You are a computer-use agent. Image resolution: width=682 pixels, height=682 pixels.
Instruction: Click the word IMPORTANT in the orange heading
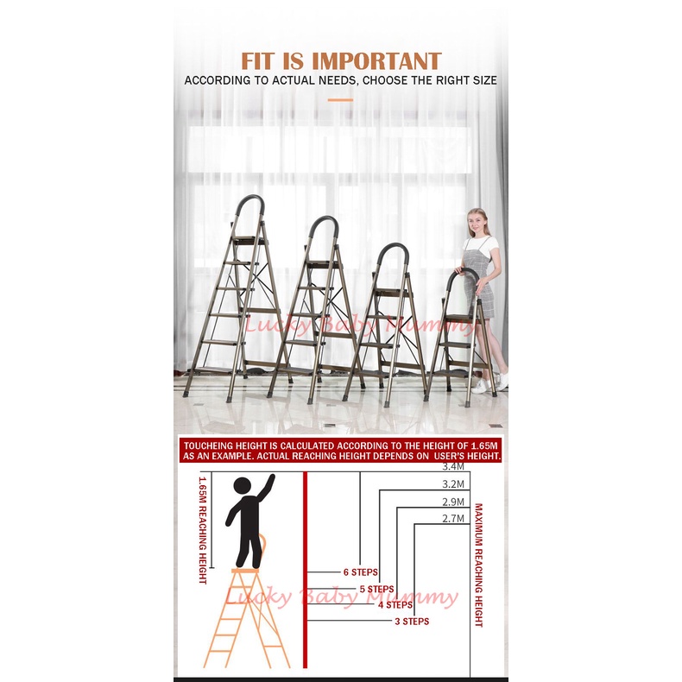[376, 61]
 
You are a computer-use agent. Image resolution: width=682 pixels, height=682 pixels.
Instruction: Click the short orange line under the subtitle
[340, 100]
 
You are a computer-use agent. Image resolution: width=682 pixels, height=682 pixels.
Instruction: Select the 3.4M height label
[453, 467]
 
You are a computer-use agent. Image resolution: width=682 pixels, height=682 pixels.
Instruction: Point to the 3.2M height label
[453, 484]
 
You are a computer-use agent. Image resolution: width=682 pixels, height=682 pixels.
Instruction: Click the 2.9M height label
[453, 502]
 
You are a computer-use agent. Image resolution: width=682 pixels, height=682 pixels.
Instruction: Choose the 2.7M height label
[453, 519]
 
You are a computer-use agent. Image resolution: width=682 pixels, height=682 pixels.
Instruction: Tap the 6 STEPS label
[361, 572]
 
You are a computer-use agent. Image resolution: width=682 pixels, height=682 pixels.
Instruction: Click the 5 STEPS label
[376, 589]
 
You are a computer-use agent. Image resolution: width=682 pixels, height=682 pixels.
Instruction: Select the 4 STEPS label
[395, 605]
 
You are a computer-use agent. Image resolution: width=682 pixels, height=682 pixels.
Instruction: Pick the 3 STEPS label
[412, 622]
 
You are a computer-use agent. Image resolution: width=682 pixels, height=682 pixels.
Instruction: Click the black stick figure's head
[243, 486]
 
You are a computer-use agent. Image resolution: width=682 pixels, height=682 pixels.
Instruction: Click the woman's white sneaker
[481, 386]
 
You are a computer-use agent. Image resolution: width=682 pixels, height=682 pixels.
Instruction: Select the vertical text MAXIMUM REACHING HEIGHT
[478, 565]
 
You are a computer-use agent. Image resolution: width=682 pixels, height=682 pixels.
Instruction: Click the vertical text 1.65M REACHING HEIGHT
[203, 530]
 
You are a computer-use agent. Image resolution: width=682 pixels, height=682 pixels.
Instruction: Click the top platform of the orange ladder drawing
[245, 571]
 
